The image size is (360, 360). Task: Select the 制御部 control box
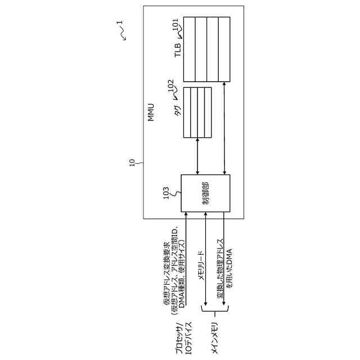pos(205,193)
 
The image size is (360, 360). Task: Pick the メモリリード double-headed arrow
pos(206,259)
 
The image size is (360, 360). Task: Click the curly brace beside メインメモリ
pos(214,308)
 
